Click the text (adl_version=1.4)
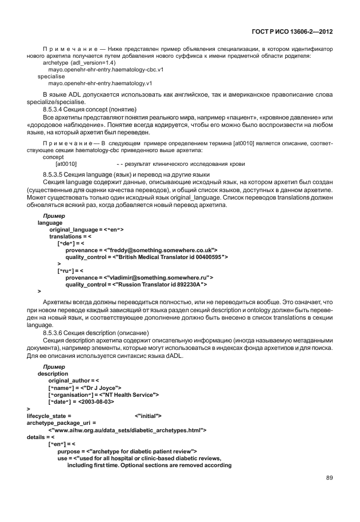[95, 63]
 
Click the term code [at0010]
[66, 163]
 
